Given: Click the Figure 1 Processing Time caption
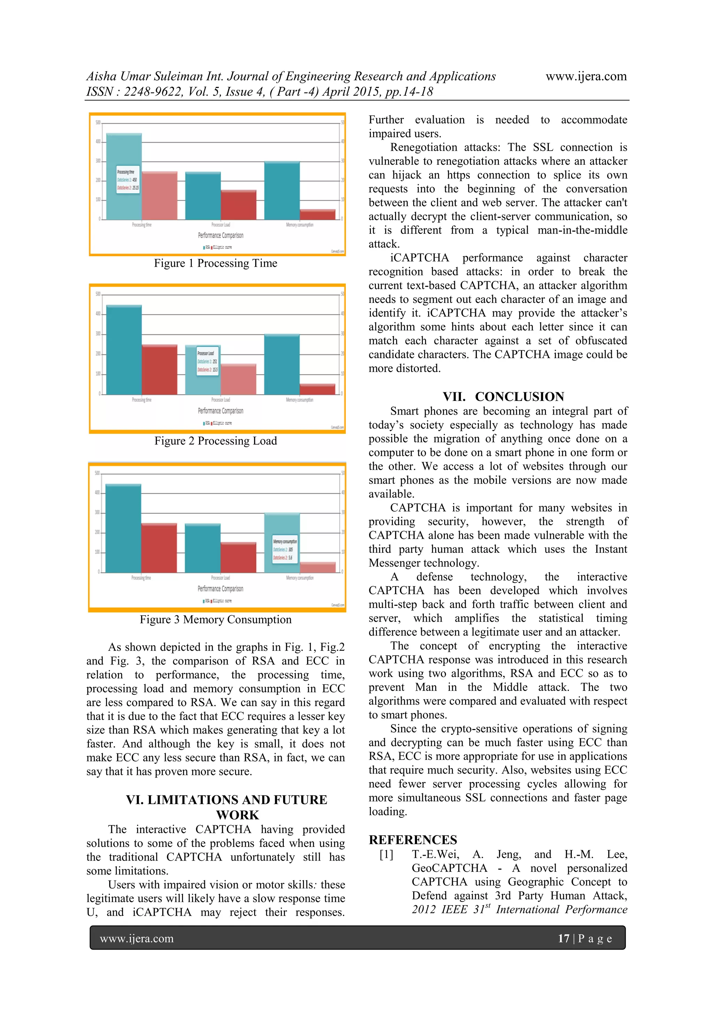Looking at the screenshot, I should [x=215, y=263].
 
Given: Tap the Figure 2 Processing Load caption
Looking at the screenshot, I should [x=215, y=441].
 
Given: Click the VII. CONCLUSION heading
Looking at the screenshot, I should [x=503, y=396].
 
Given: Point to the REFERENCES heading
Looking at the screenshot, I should [x=413, y=840].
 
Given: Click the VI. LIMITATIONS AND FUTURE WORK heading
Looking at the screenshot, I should [x=227, y=807].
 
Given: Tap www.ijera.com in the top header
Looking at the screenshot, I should [x=586, y=77].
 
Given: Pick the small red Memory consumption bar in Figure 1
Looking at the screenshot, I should [x=317, y=214].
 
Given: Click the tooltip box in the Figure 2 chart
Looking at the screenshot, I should [x=207, y=360].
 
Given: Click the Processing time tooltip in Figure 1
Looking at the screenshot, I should [x=128, y=180].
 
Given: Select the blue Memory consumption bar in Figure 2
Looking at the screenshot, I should [x=282, y=365].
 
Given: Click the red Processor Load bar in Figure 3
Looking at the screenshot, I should [x=238, y=557].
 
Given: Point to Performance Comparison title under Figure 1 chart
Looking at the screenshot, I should [x=220, y=236].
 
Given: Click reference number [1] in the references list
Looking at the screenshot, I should [x=386, y=855].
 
